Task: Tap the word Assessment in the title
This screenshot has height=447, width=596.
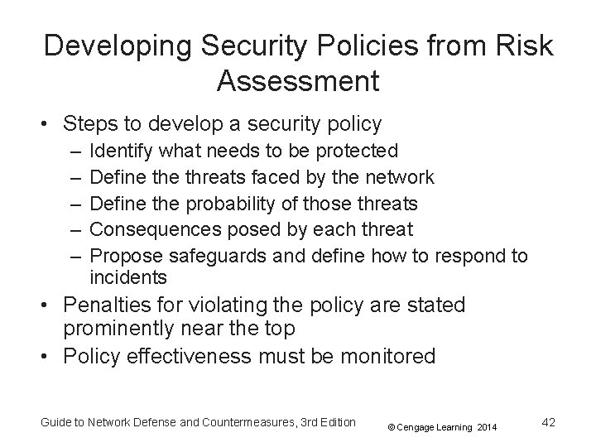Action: (298, 81)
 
